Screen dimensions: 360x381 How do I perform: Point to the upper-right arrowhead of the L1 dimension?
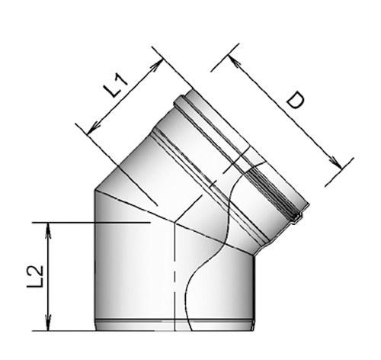tap(158, 56)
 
